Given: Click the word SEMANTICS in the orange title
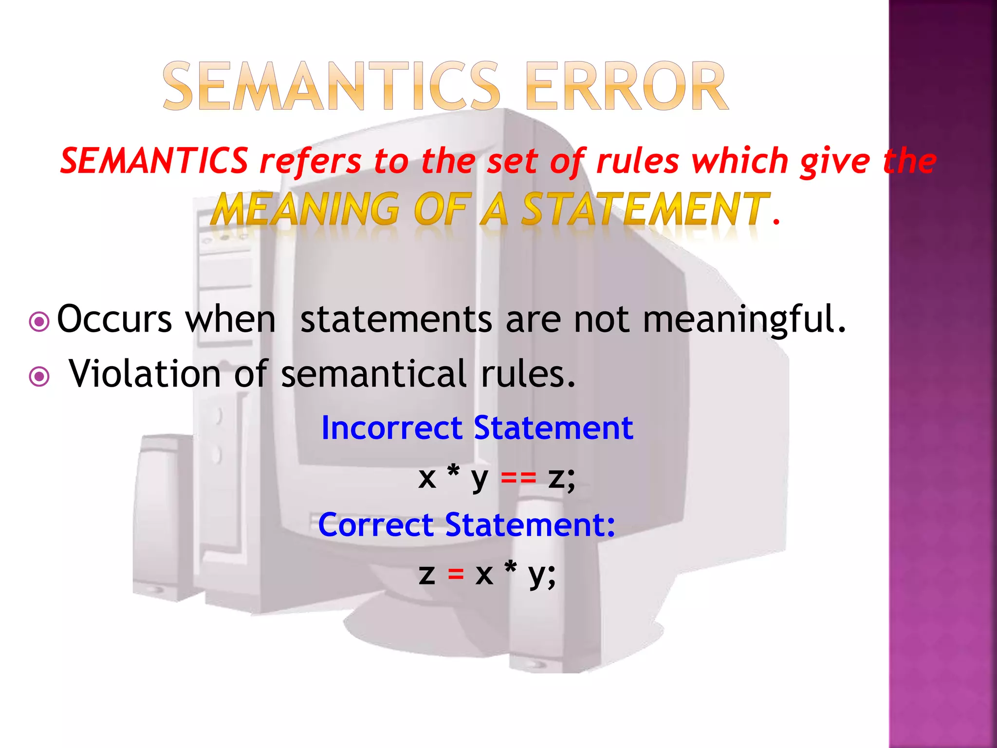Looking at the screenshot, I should (x=331, y=87).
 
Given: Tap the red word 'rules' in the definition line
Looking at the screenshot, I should (x=637, y=161).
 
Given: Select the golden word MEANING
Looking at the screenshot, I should (x=307, y=209).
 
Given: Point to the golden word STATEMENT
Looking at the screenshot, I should (x=645, y=209).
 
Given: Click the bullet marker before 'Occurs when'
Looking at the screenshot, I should (x=39, y=322).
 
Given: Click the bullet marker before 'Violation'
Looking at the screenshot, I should (x=39, y=376).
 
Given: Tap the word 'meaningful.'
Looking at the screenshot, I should (x=744, y=320).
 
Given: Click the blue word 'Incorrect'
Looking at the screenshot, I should (x=391, y=429).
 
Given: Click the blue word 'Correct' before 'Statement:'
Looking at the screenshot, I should (x=375, y=525).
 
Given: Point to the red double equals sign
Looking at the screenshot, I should (x=518, y=478).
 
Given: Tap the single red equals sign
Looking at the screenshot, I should (x=456, y=575).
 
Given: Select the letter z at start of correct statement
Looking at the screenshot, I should (x=427, y=575).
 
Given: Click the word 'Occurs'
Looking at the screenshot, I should (x=114, y=320).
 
